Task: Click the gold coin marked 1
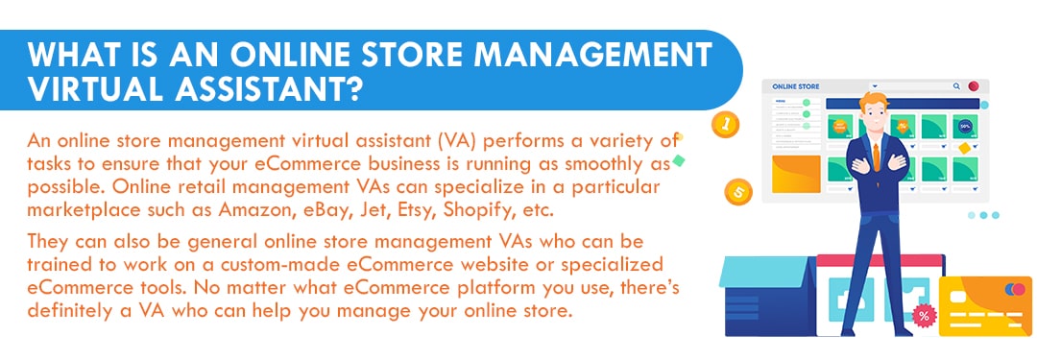point(726,124)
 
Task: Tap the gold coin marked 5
point(738,192)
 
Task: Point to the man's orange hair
point(875,103)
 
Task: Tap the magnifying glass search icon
point(956,86)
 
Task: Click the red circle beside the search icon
point(974,86)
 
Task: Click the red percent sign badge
point(924,315)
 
